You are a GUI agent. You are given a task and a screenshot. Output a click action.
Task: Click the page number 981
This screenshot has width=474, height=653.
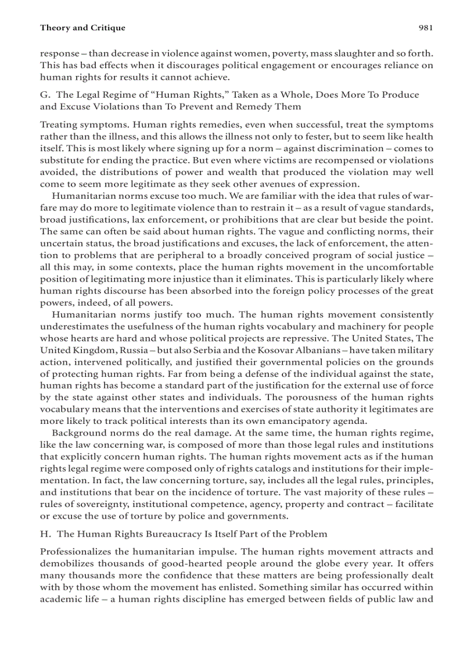click(425, 27)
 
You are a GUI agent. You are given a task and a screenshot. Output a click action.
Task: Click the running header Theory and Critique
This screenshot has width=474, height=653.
click(82, 27)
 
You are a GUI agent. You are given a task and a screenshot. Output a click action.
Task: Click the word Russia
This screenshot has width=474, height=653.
click(135, 350)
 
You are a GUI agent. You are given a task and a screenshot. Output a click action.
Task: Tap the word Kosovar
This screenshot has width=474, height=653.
click(260, 350)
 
